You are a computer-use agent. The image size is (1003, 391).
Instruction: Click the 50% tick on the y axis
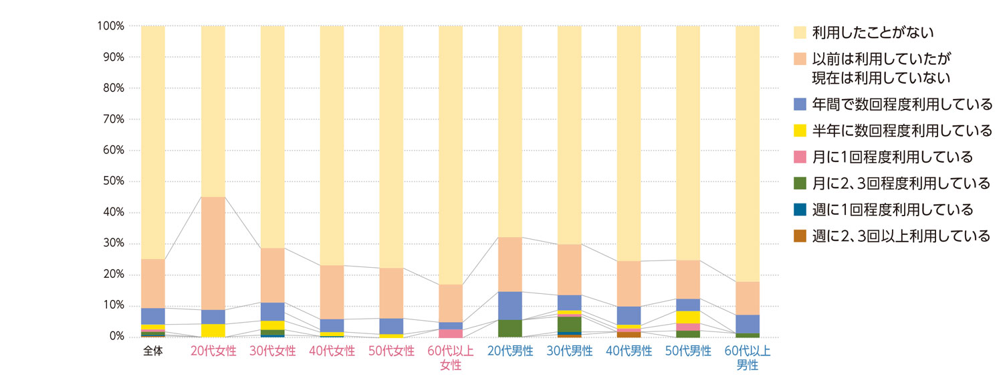coord(112,181)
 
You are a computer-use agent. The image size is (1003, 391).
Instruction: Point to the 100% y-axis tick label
coord(110,26)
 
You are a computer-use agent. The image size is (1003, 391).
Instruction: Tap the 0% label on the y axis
coord(115,337)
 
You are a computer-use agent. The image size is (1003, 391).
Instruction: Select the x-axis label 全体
coord(153,351)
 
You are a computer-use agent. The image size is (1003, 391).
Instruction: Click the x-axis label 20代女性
coord(213,351)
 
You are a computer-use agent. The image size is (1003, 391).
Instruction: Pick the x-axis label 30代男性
coord(570,351)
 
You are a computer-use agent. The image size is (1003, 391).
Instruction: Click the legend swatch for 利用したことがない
coord(798,32)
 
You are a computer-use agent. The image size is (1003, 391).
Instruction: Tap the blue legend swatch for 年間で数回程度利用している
coord(798,104)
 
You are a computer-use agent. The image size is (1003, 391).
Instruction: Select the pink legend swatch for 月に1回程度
coord(798,157)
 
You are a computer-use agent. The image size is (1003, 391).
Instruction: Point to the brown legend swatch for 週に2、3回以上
coord(798,236)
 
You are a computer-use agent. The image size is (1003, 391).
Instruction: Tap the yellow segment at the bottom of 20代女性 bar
coord(213,330)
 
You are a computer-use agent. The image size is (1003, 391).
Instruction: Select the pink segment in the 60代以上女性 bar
coord(451,333)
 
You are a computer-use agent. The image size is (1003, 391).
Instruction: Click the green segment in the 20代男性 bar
coord(510,328)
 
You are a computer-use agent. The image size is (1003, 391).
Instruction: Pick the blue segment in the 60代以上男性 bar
coord(748,324)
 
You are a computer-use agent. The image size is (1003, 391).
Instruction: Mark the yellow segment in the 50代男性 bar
coord(688,317)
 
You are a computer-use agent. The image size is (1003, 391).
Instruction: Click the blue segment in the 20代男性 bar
coord(510,306)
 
